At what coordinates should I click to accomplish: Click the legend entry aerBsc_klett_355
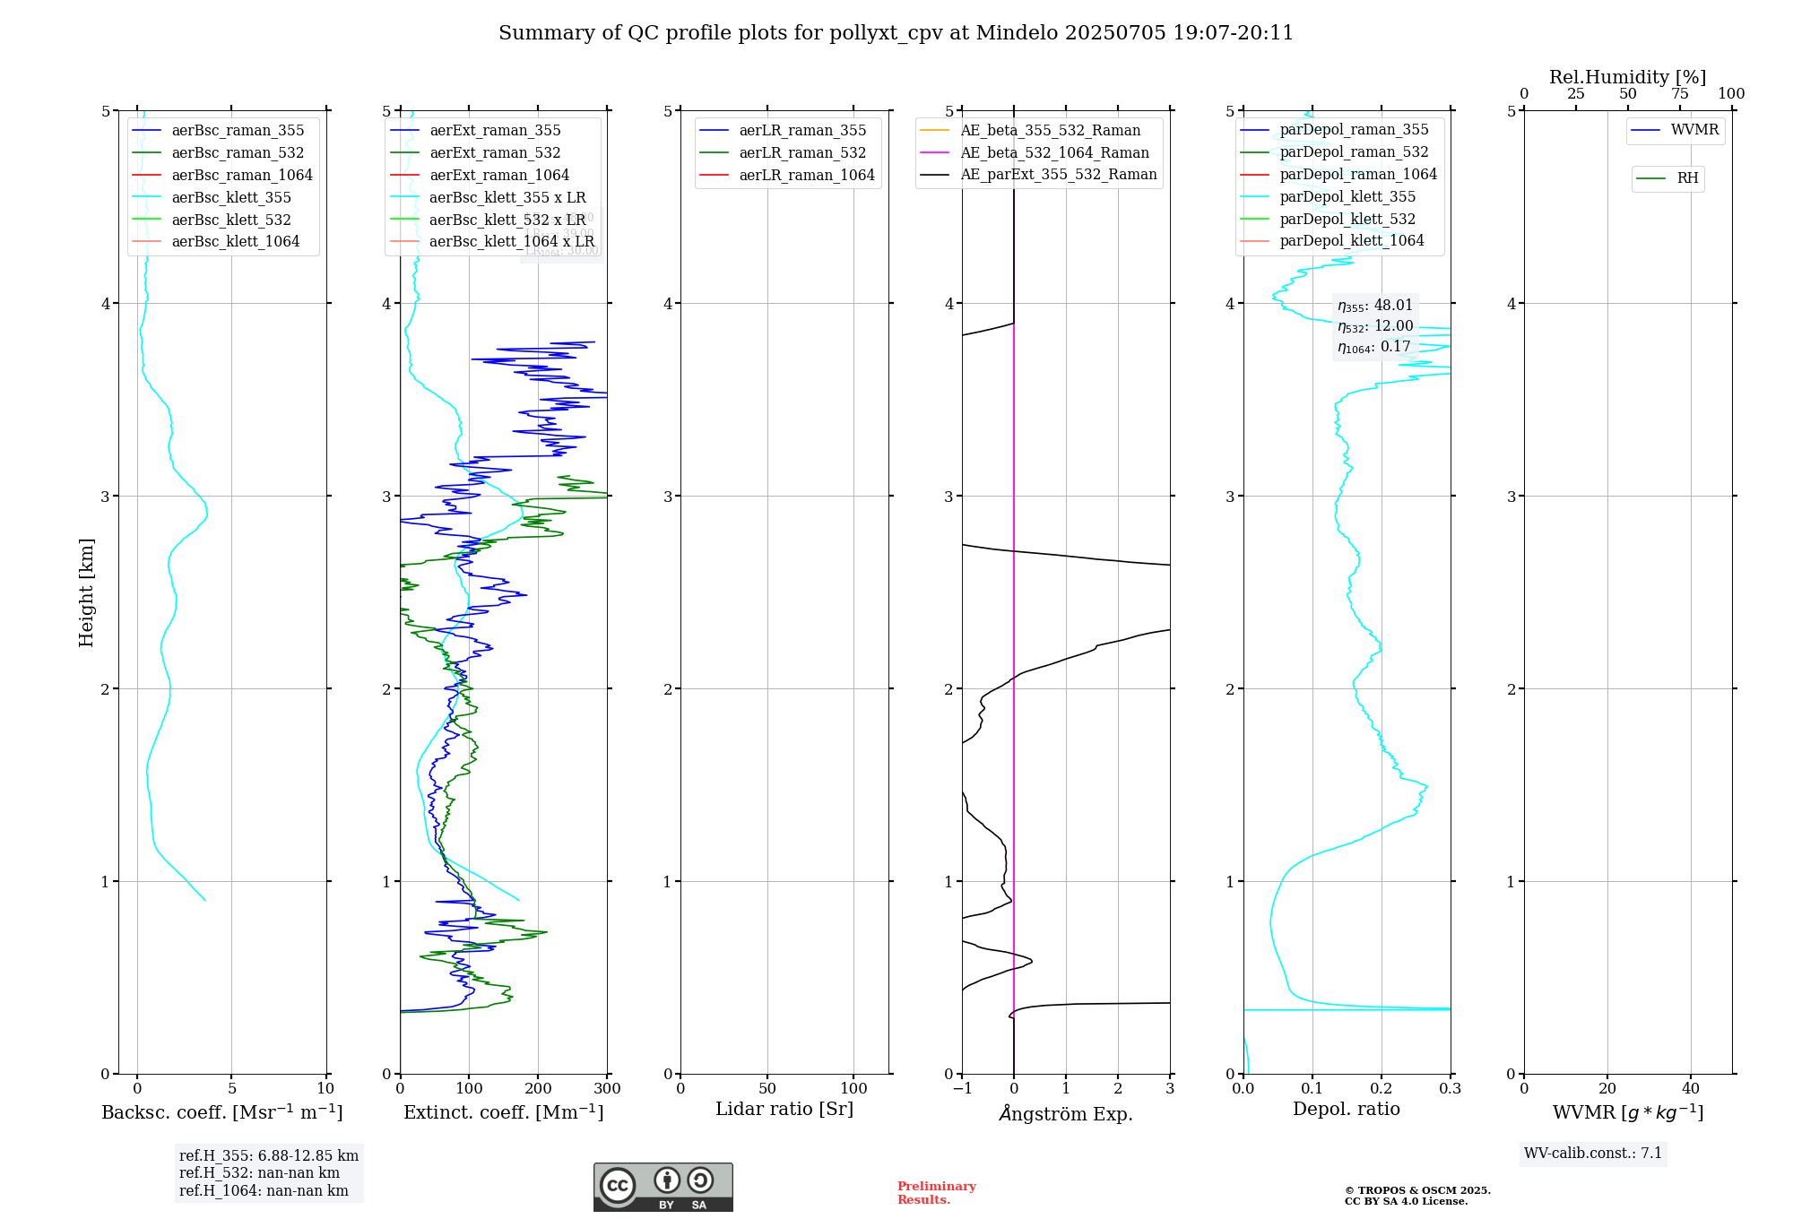tap(230, 197)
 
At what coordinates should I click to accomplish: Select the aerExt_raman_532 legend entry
tap(494, 152)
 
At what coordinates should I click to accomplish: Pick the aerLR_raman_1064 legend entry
tap(806, 175)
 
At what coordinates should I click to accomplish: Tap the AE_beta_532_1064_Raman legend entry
tap(1054, 152)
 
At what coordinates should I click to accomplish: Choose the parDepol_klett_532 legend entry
tap(1347, 219)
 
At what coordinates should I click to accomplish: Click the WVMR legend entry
tap(1693, 130)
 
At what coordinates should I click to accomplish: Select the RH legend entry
tap(1686, 178)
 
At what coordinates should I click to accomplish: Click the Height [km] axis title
tap(86, 592)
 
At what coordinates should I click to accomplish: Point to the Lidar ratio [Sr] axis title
tap(784, 1109)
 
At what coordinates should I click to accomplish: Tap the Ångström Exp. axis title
tap(1065, 1113)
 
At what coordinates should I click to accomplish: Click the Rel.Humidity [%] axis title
tap(1627, 77)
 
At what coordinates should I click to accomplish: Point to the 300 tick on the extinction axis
tap(608, 1089)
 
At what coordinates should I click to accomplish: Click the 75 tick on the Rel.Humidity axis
tap(1679, 94)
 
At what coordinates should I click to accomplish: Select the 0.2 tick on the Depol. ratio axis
tap(1382, 1089)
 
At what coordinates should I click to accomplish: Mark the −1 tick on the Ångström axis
tap(961, 1089)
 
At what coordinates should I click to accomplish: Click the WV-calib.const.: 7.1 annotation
tap(1593, 1154)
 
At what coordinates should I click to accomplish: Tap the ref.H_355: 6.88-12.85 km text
tap(268, 1156)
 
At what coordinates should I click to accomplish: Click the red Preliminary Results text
tap(936, 1193)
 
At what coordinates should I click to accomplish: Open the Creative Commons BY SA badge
tap(663, 1188)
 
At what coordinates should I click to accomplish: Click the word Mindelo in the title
tap(1017, 33)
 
